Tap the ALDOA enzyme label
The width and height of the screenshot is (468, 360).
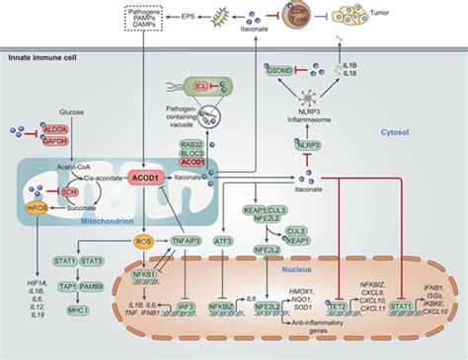pos(53,129)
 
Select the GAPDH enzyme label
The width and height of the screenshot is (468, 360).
pos(54,141)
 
